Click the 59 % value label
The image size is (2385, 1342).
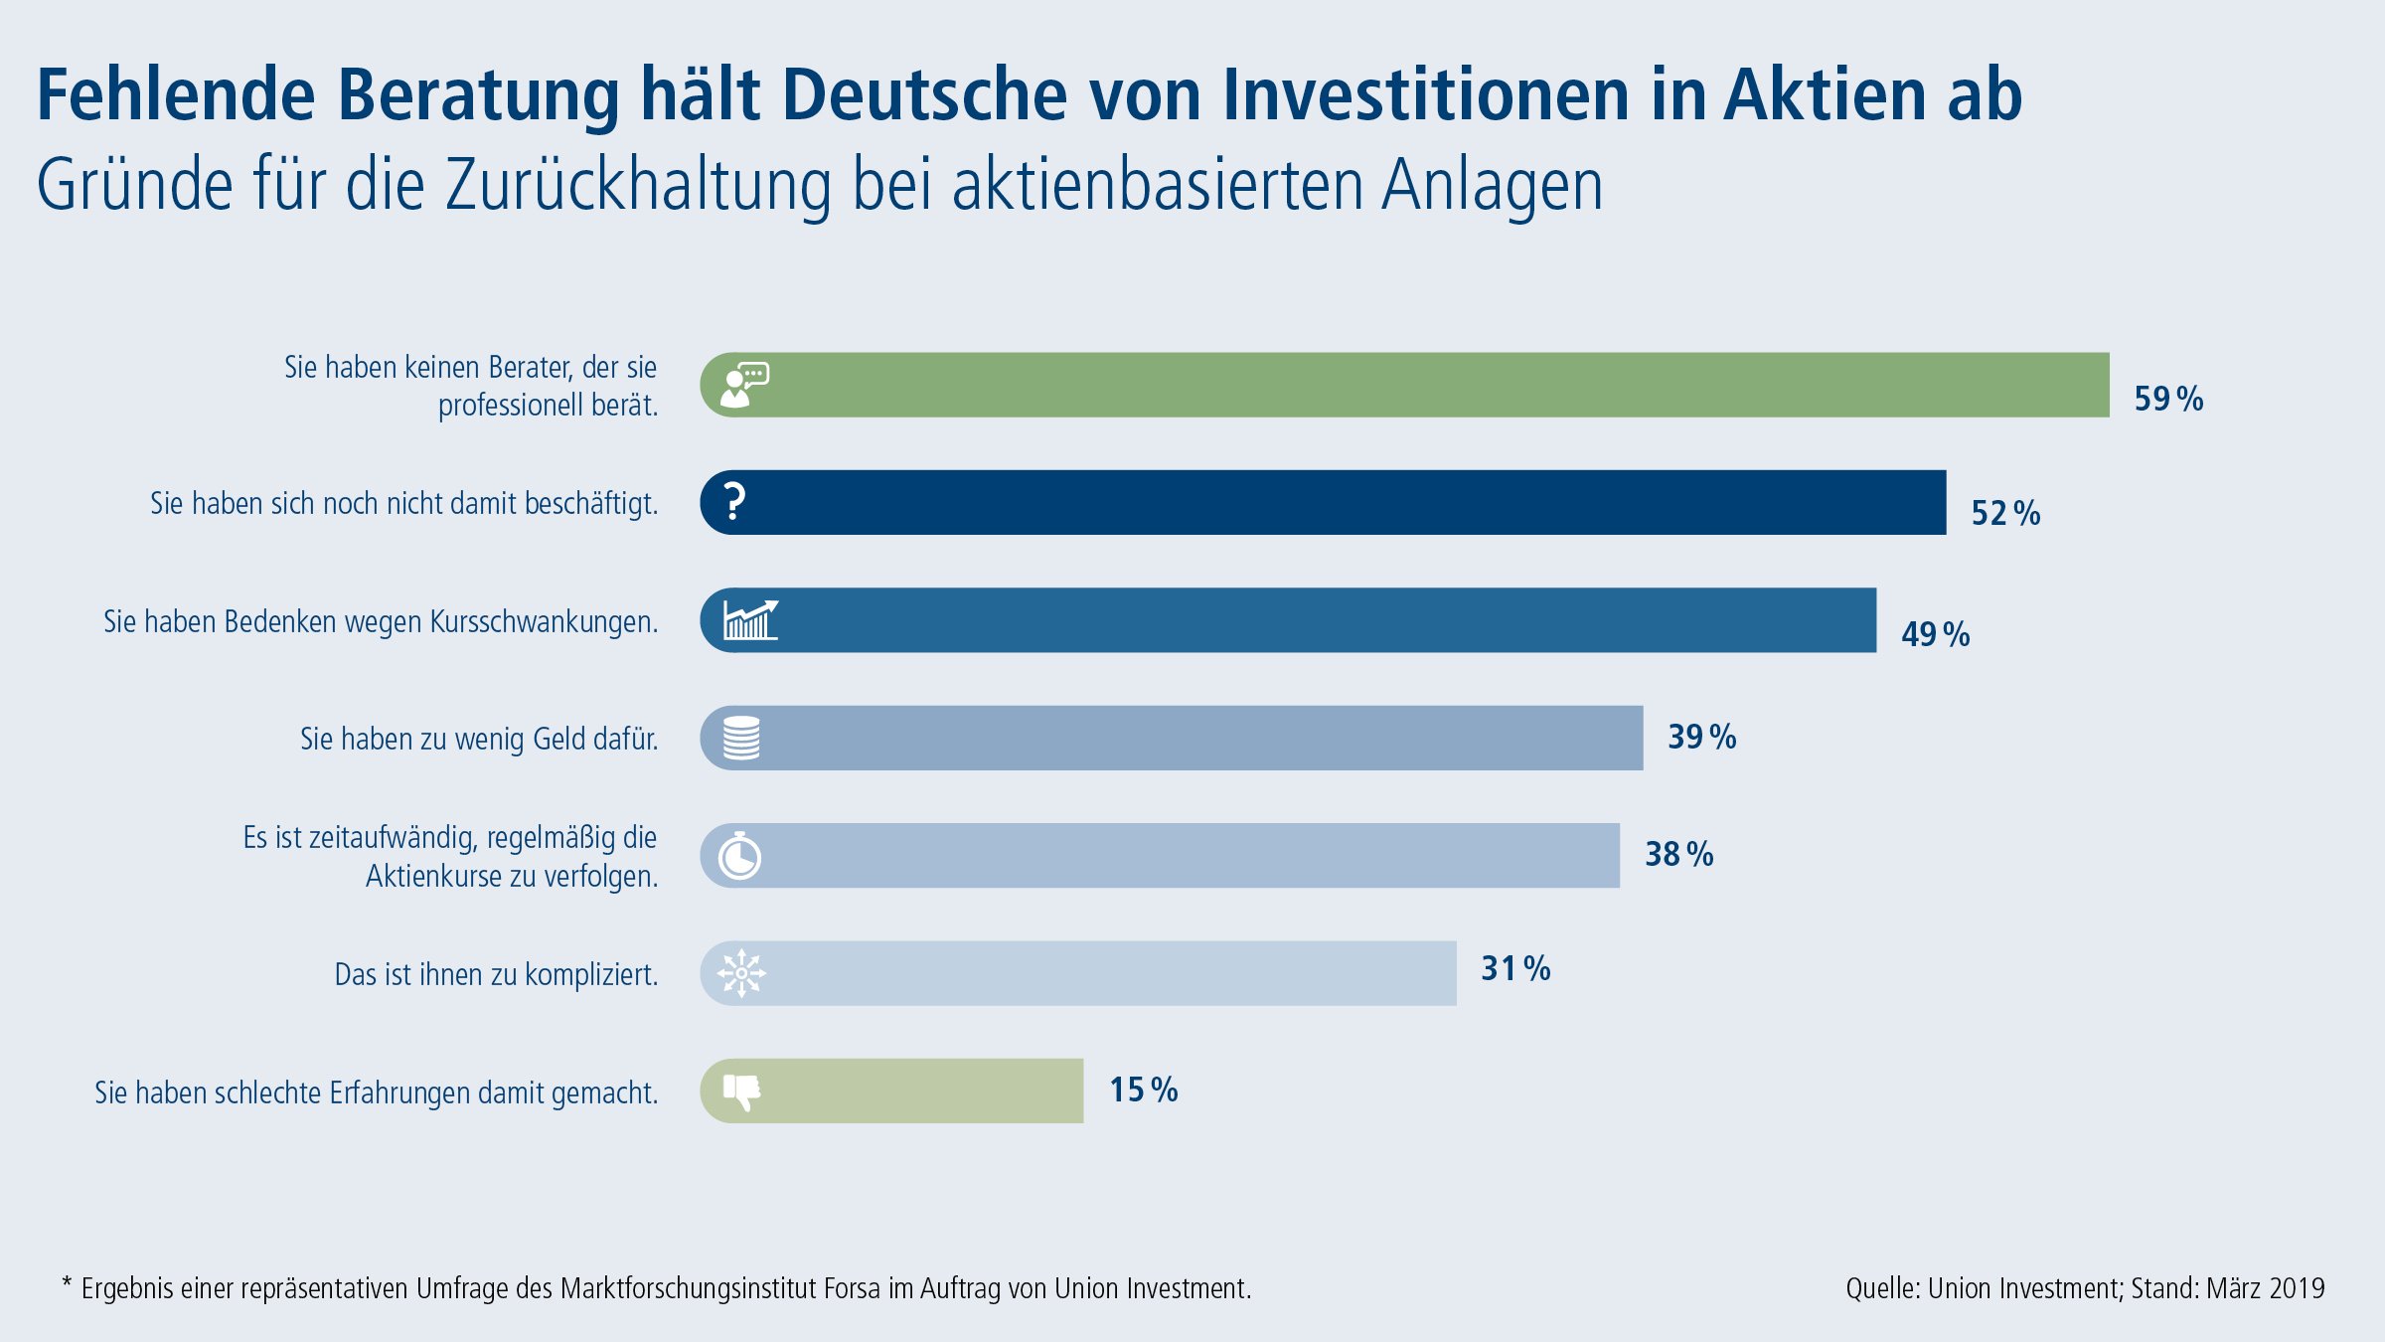click(2168, 399)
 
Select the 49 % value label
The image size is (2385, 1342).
click(1935, 634)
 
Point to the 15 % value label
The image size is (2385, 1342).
click(1143, 1090)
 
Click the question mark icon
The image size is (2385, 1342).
click(734, 502)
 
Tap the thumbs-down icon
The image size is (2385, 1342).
click(741, 1091)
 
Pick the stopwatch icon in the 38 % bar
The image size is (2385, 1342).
click(740, 856)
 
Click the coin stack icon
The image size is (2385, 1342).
click(741, 739)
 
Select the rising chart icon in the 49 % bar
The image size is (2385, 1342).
click(750, 620)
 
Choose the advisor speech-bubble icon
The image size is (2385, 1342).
click(744, 385)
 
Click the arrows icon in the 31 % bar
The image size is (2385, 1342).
click(741, 973)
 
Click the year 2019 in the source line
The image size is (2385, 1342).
click(2297, 1288)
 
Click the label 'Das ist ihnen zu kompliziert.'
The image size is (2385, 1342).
click(496, 974)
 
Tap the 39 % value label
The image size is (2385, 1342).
click(1701, 737)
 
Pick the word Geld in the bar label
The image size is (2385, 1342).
click(558, 739)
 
